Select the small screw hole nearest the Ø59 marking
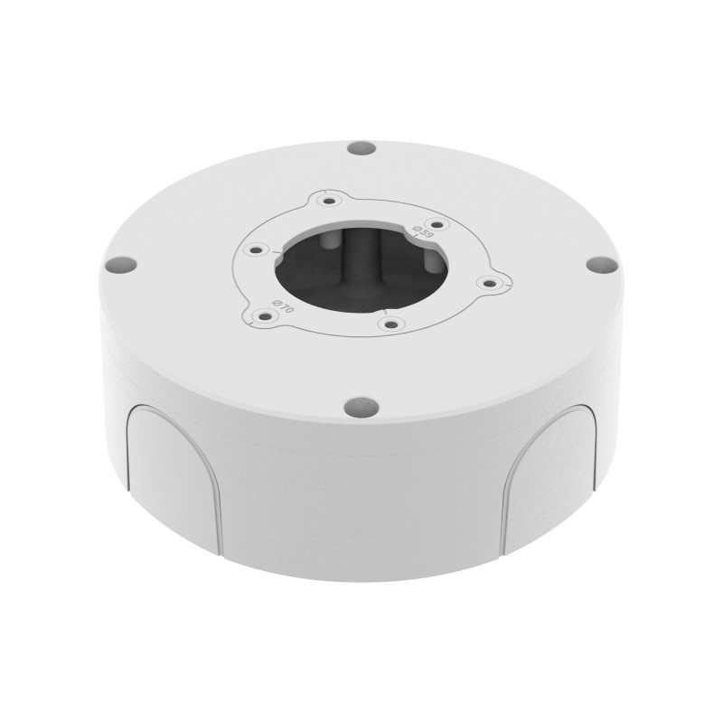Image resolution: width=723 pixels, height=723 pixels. (437, 225)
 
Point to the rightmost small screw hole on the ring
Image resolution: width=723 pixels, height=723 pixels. (489, 283)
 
